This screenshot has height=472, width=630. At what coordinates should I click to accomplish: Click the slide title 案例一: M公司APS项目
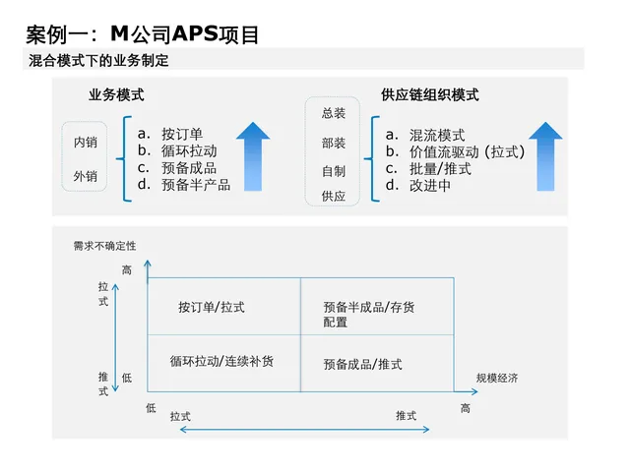143,35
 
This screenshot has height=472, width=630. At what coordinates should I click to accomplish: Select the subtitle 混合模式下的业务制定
98,61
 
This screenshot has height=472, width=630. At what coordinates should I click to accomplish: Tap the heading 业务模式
116,95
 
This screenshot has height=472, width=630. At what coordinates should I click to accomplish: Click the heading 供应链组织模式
429,95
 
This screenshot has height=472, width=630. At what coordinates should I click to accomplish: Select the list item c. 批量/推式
428,168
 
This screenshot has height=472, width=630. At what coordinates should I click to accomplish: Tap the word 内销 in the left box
86,143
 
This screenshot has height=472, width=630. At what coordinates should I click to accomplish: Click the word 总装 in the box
334,113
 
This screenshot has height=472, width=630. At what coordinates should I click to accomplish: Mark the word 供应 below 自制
334,196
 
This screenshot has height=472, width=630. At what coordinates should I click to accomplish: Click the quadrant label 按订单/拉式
212,308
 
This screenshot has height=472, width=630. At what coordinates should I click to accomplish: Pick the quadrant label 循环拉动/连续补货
221,361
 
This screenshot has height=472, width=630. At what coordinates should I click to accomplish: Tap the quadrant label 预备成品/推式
362,364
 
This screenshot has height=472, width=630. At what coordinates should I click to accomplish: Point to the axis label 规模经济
496,379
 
